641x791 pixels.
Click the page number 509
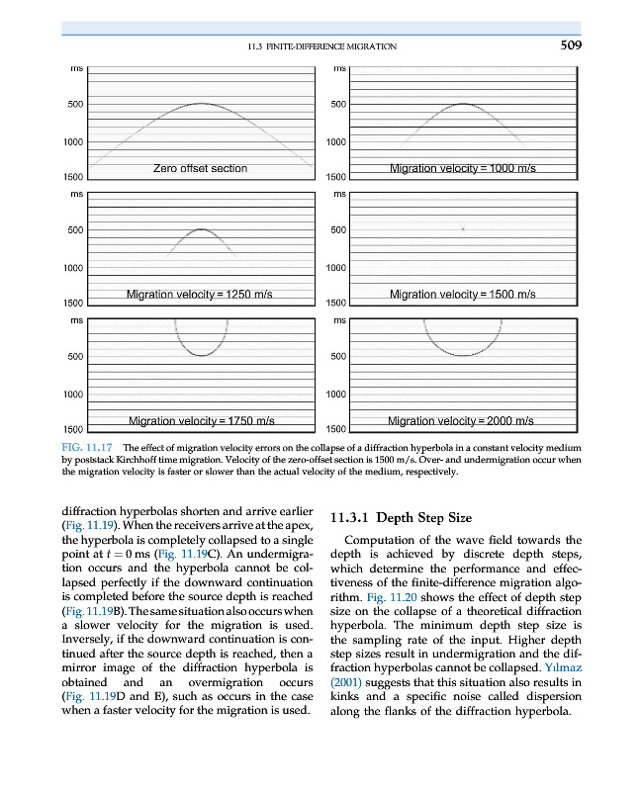click(x=567, y=45)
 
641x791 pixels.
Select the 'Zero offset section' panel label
click(x=200, y=168)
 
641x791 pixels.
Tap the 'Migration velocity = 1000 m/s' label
click(x=463, y=169)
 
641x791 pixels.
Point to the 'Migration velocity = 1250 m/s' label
click(x=199, y=295)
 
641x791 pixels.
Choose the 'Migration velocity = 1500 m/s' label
click(x=463, y=295)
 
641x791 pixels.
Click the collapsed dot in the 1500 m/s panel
click(x=464, y=228)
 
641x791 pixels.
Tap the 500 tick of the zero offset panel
click(x=75, y=104)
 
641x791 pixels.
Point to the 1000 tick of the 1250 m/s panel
click(x=72, y=268)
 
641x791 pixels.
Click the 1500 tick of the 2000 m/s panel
click(x=336, y=430)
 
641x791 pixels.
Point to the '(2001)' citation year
click(x=345, y=683)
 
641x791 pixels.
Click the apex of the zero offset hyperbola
click(x=201, y=103)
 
